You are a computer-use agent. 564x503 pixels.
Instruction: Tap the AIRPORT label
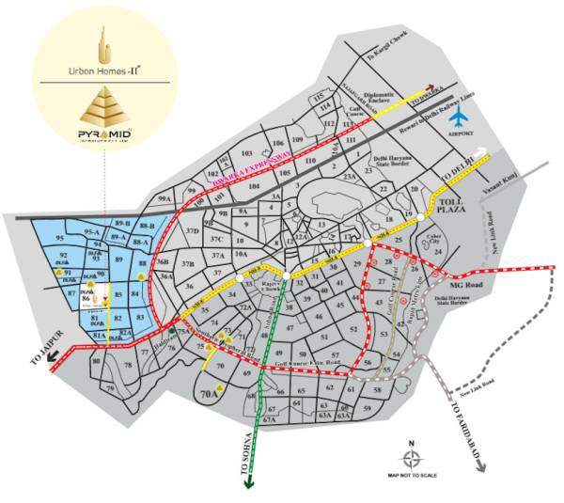(461, 135)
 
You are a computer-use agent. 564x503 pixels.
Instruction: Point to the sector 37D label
(193, 230)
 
